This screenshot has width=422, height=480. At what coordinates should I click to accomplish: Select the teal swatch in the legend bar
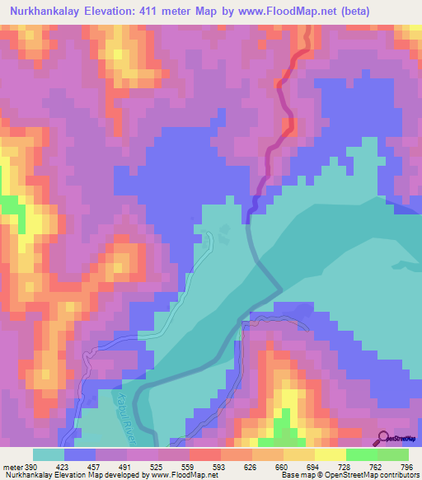tap(49, 454)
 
